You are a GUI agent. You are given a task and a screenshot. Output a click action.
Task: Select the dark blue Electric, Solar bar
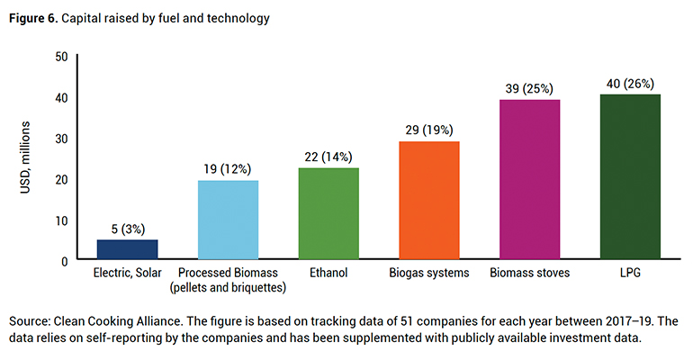coord(127,249)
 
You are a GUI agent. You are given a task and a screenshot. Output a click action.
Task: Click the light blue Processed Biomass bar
coord(228,220)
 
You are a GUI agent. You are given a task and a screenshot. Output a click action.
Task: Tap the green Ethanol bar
coord(328,213)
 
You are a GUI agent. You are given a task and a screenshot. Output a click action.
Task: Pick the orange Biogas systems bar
coord(429,200)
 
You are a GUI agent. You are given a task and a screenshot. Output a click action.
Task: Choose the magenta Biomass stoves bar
coord(529,179)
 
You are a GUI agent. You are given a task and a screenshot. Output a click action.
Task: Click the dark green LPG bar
coord(630,176)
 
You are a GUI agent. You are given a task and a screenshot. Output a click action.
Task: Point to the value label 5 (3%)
coord(127,229)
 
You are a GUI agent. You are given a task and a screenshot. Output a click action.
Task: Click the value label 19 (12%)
coord(228,169)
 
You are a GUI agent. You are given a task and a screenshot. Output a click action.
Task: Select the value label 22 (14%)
coord(328,157)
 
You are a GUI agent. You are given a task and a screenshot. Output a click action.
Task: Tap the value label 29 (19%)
coord(429,130)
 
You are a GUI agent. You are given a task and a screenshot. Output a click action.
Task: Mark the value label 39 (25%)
coord(529,88)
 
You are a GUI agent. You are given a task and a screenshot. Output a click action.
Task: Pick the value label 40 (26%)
coord(630,84)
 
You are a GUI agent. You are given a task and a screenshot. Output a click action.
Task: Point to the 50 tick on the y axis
coord(61,56)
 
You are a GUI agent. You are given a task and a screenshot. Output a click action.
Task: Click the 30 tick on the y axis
coord(61,138)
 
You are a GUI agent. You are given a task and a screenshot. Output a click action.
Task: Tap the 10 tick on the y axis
coord(61,220)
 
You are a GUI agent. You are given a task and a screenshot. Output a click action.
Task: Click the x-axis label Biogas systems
coord(429,273)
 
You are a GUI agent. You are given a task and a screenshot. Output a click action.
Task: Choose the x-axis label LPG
coord(630,273)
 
